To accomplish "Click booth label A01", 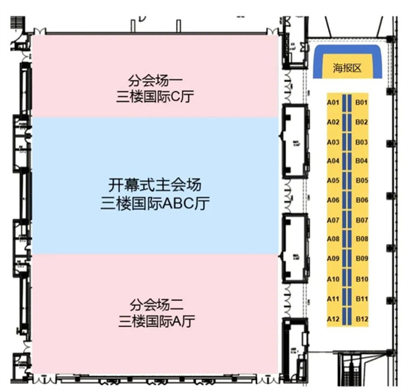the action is coord(333,102).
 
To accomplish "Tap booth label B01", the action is coord(362,102).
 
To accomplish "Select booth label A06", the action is coord(333,200).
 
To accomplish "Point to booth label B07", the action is coord(362,220).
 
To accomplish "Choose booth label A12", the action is coord(333,319).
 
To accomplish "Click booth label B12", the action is coord(362,319).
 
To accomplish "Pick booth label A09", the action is coord(333,259).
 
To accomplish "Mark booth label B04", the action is coord(362,160).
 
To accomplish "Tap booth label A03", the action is coord(333,142).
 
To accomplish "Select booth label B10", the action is coord(362,279).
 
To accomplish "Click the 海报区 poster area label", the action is coord(347,68).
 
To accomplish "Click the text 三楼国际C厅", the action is coord(155,97).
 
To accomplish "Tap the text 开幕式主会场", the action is coord(155,185).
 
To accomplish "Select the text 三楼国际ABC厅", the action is coord(155,203).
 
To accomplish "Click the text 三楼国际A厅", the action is coord(157,321).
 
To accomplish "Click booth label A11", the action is coord(333,299).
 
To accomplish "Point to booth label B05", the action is coord(362,181).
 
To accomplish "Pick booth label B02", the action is coord(362,122).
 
